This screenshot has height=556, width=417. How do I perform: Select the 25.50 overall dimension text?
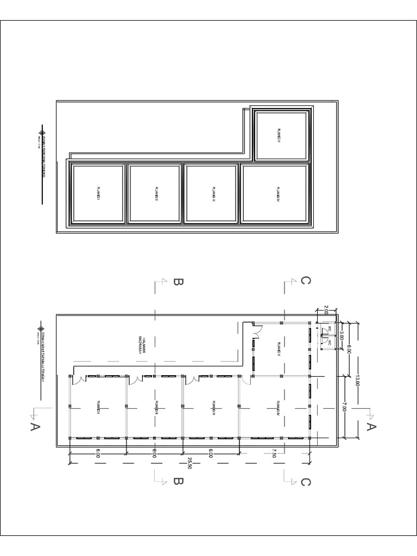[189, 463]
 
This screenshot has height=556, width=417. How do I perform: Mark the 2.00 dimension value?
[326, 310]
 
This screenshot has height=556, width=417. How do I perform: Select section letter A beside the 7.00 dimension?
[372, 427]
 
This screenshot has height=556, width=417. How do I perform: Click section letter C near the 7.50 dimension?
[306, 482]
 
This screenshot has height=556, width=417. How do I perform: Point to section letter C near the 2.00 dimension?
[306, 281]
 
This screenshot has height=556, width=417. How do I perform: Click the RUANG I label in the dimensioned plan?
[99, 407]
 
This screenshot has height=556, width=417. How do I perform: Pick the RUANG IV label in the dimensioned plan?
[277, 407]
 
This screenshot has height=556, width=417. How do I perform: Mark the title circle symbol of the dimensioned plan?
[41, 328]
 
